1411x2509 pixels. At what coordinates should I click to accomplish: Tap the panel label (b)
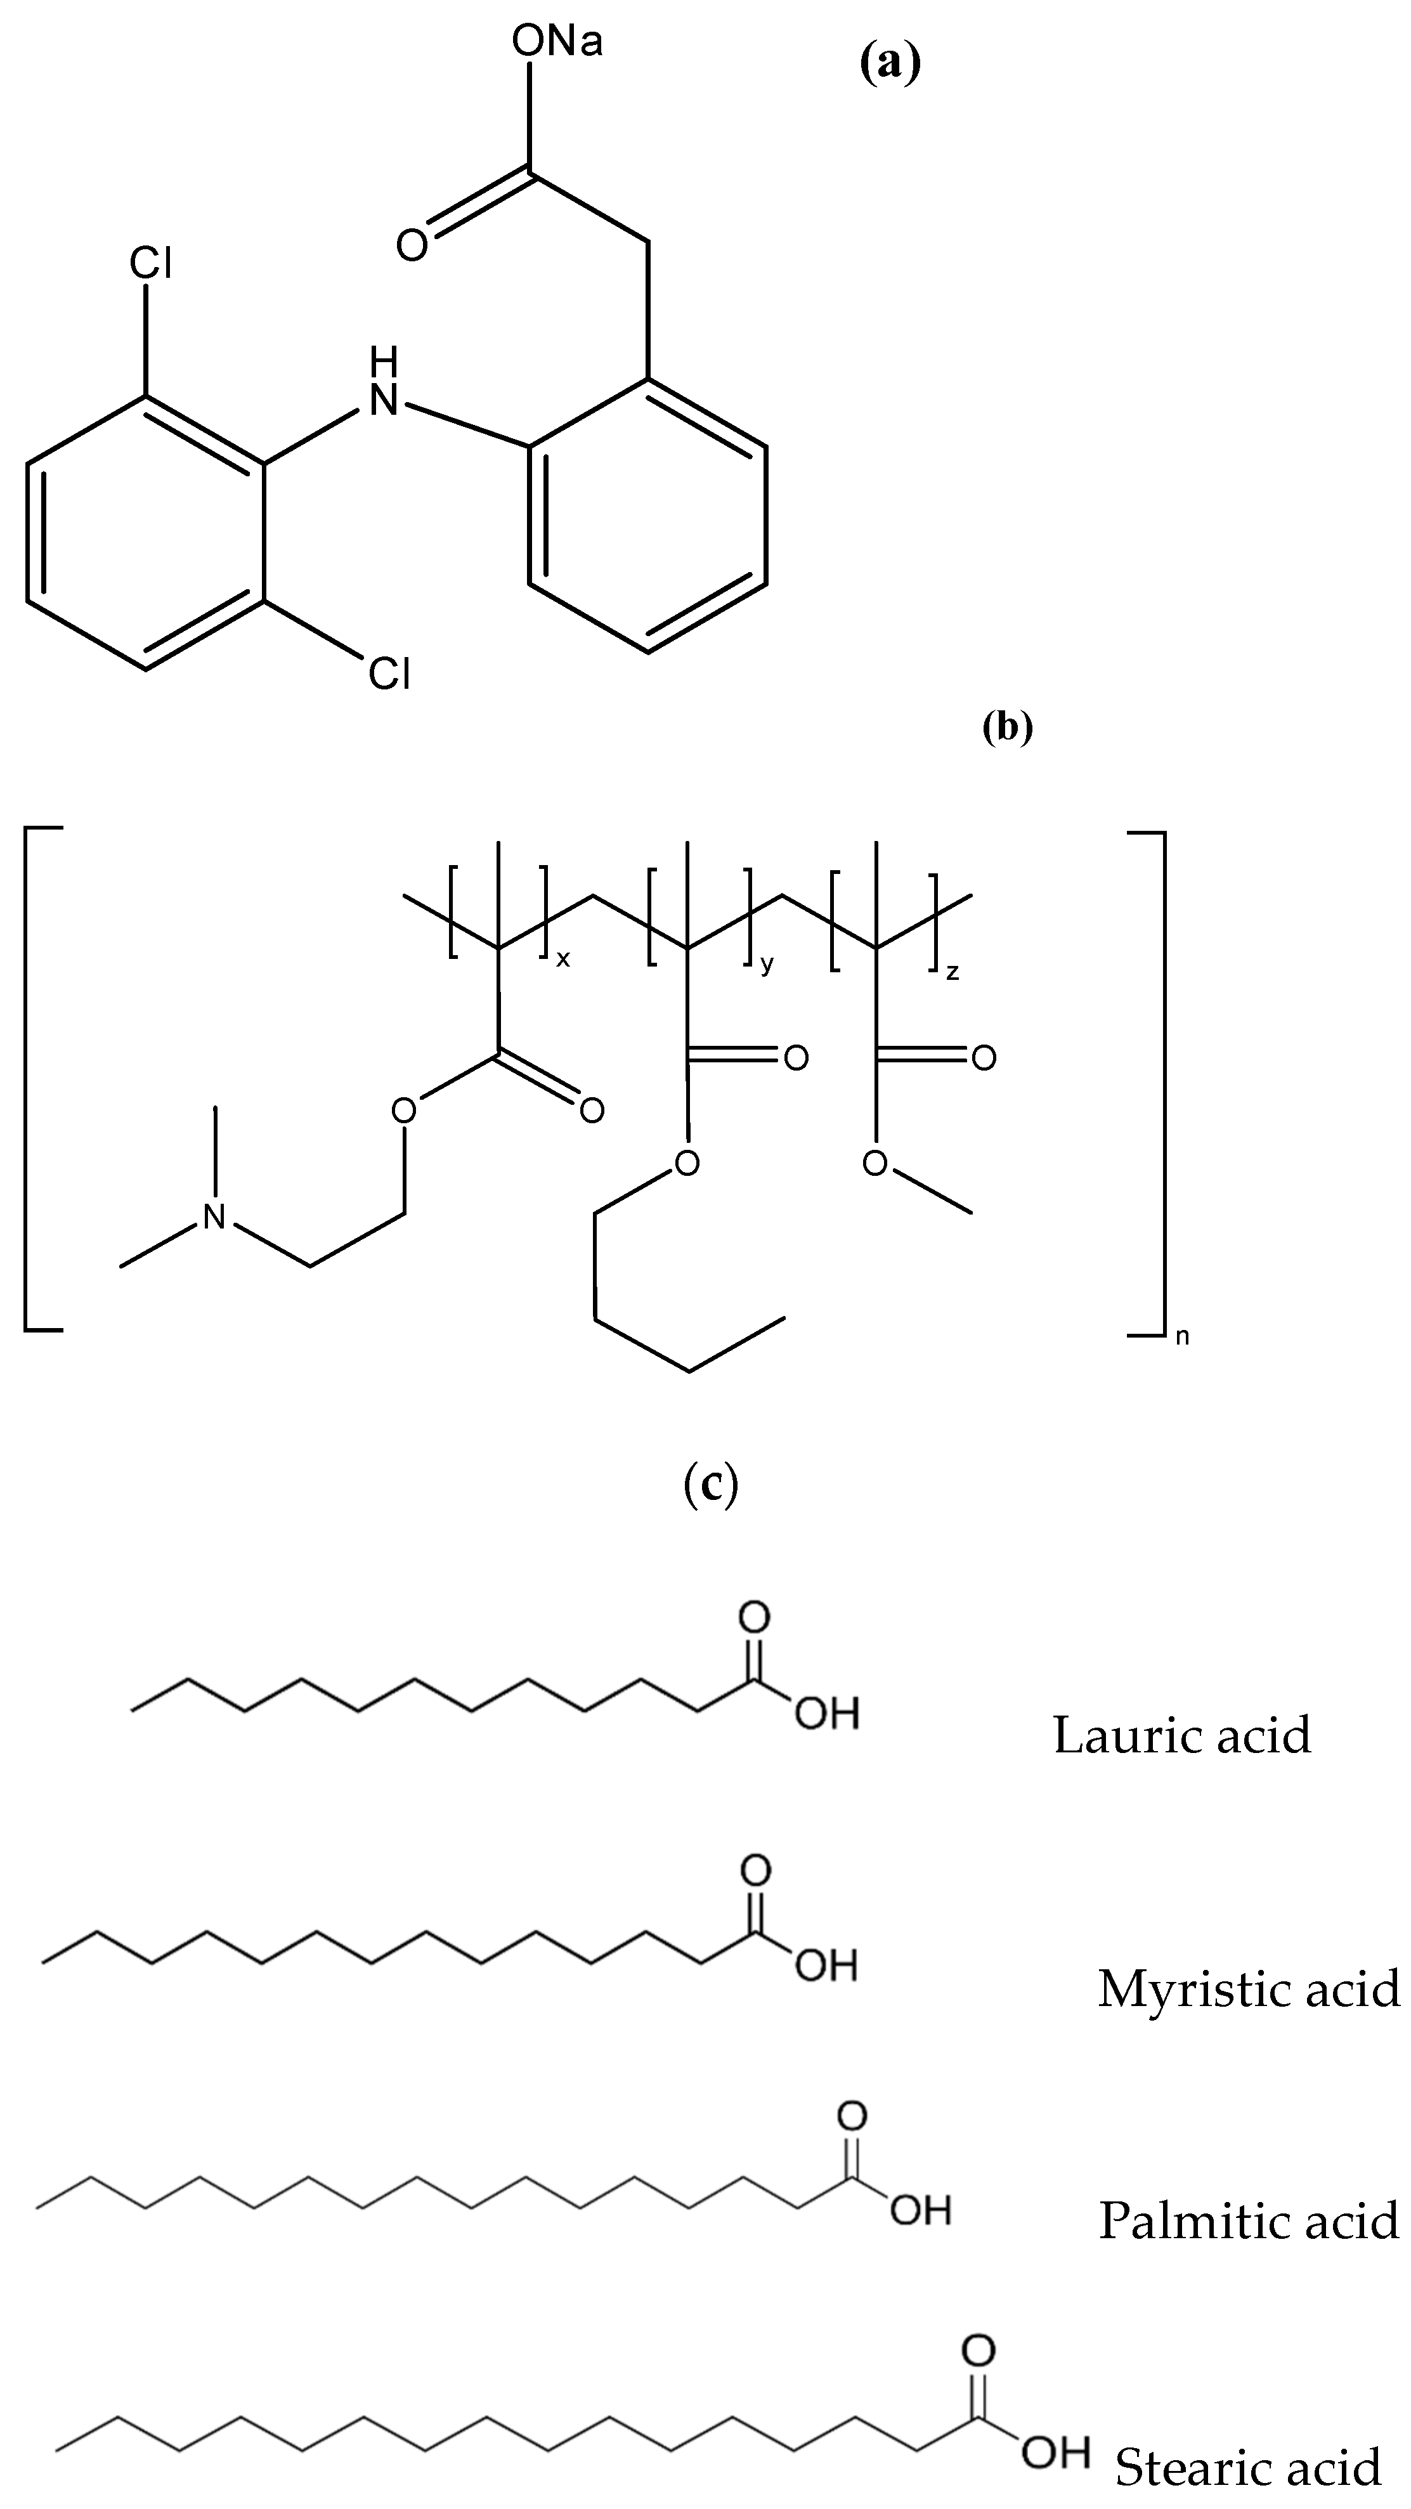click(1008, 727)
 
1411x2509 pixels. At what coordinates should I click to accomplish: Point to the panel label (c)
click(712, 1484)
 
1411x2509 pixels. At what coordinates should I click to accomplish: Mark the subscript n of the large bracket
click(1182, 1335)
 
